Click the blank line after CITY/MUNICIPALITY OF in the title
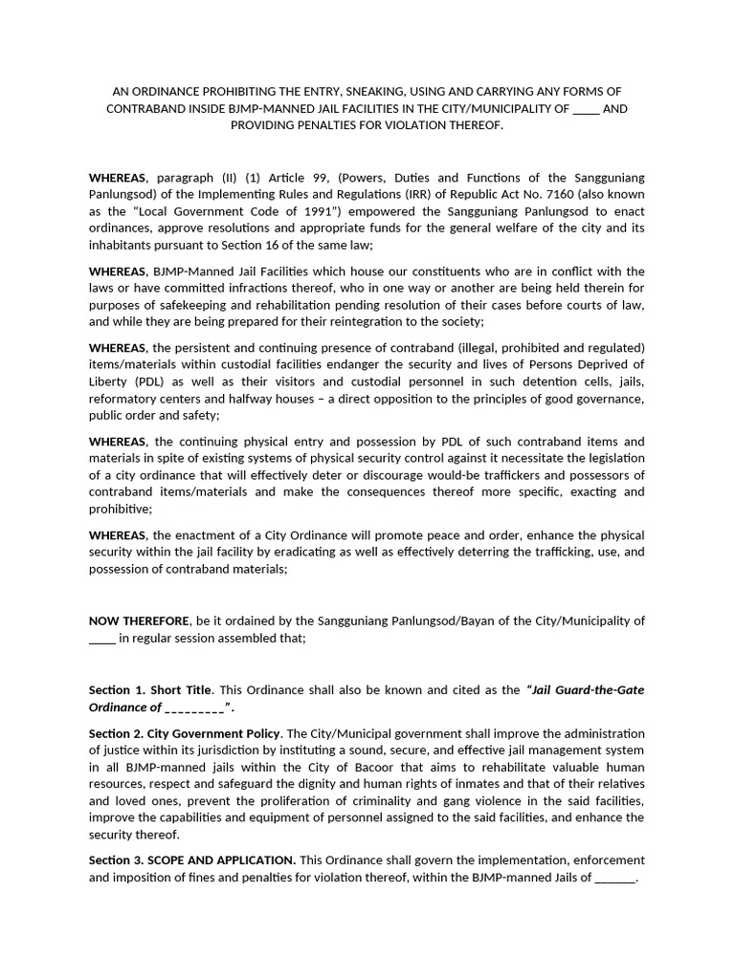pos(585,109)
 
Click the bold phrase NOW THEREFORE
pos(139,620)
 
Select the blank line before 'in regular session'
pos(101,638)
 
